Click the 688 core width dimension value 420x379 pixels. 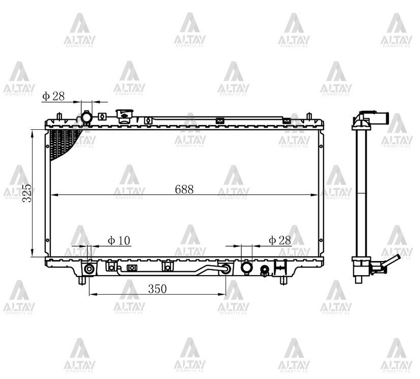pos(184,190)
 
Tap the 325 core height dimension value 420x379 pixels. pos(27,193)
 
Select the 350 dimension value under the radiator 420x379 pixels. pos(157,289)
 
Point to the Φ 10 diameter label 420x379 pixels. pos(119,241)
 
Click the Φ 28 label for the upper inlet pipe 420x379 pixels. pos(53,96)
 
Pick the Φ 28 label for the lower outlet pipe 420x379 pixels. pos(280,240)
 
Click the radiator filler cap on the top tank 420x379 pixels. pos(124,116)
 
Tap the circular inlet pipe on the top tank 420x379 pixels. pos(86,117)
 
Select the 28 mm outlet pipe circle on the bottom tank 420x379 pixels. pos(247,268)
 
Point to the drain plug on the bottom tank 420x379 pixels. pos(265,271)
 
